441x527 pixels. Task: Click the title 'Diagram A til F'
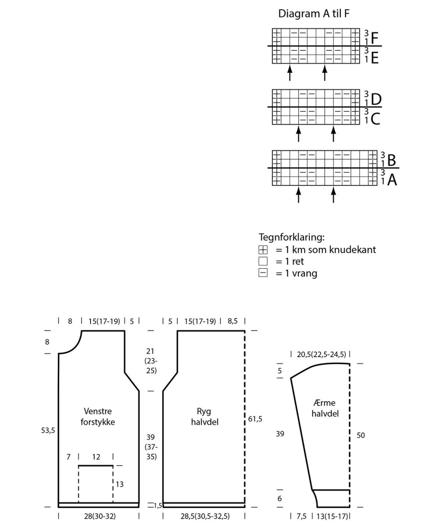tap(314, 14)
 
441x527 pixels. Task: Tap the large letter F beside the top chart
tap(374, 39)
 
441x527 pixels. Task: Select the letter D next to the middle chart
tap(376, 100)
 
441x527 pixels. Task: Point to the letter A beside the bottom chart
tap(392, 180)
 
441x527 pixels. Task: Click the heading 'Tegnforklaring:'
tap(292, 237)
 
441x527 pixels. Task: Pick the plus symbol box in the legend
tap(263, 250)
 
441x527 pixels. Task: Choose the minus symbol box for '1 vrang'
tap(263, 273)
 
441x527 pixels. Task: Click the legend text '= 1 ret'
tap(289, 261)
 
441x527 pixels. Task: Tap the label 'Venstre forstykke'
tap(97, 416)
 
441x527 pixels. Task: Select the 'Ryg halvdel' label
tap(204, 416)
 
